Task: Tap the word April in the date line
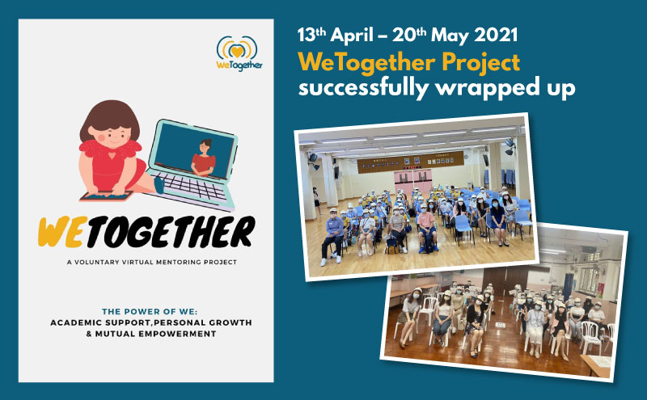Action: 352,36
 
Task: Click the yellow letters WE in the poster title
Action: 62,232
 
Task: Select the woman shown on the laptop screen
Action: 203,158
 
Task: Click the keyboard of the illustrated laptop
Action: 191,187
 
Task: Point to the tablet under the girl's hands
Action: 106,196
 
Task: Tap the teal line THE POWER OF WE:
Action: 150,311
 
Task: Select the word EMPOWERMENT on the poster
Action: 177,334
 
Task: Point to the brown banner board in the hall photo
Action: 411,162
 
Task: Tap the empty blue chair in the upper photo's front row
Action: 463,228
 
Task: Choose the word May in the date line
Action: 450,36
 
